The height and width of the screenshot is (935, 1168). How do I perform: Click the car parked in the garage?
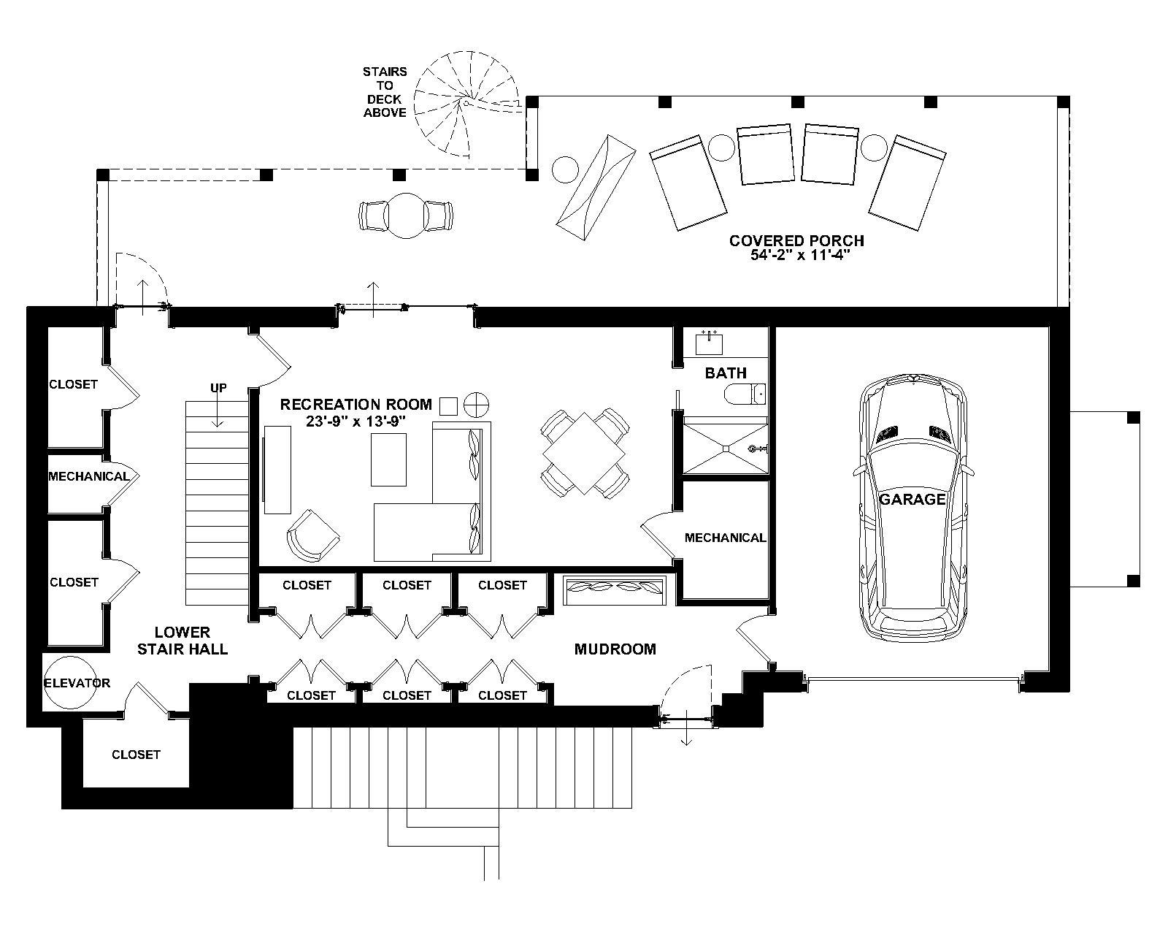coord(913,508)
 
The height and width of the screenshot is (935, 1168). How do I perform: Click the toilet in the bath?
coord(745,393)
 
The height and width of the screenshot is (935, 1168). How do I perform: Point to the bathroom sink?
coord(709,343)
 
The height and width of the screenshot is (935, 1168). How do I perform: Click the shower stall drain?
coord(725,449)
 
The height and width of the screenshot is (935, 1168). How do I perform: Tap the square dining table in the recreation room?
coord(584,453)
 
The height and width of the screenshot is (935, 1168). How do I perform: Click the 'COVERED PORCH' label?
coord(796,240)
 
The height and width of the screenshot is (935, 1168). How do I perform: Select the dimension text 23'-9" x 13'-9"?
coord(356,421)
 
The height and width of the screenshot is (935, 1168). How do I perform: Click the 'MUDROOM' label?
coord(615,649)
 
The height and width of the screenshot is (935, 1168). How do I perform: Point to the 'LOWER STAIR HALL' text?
coord(182,640)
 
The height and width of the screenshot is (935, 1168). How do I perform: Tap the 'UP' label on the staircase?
coord(218,387)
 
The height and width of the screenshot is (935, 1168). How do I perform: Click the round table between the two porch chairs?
coord(405,215)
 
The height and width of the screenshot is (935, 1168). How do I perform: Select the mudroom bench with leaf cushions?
coord(615,589)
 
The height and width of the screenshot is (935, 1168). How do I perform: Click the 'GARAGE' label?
coord(912,499)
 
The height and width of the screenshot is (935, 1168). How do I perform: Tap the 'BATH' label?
coord(726,373)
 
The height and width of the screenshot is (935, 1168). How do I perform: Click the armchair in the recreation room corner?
coord(313,535)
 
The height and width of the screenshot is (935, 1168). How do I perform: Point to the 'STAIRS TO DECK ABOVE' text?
coord(385,92)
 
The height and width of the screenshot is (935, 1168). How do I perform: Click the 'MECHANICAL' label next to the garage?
coord(725,538)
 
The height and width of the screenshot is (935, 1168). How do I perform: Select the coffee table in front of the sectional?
coord(388,459)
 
